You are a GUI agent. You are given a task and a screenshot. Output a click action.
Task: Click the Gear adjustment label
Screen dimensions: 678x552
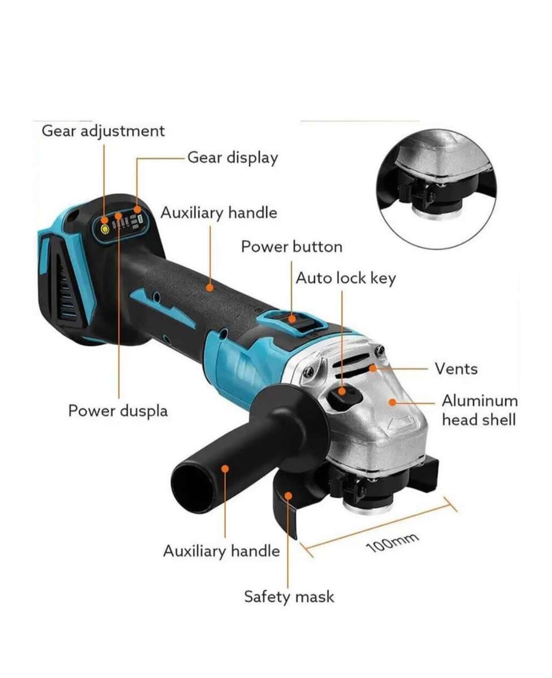coord(103,131)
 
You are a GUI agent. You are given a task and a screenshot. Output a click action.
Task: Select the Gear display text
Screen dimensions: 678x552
coord(232,158)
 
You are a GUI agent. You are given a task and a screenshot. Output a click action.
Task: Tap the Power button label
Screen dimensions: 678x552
coord(291,247)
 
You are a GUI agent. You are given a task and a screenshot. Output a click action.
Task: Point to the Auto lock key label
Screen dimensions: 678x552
coord(346,278)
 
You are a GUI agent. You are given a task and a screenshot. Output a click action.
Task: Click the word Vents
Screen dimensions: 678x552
coord(456,369)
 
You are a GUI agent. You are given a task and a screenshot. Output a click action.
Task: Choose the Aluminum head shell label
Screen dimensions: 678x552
coord(479,410)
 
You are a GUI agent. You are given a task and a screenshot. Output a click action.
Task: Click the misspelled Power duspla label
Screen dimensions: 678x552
coord(118,411)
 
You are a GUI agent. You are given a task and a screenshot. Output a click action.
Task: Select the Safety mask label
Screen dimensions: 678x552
coord(289,597)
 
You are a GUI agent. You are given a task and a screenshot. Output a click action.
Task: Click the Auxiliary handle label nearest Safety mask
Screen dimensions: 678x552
coord(221,551)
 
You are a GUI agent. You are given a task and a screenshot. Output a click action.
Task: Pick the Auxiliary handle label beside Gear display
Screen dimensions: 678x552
coord(219,213)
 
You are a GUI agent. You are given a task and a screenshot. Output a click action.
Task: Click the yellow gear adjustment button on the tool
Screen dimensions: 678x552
coord(104,229)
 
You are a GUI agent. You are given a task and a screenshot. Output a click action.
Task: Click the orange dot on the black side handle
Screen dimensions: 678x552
coord(225,468)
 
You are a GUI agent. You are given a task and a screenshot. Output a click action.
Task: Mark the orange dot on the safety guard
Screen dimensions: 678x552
coord(288,496)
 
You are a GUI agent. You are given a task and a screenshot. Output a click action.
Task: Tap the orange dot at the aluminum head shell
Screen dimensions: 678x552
coord(392,402)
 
